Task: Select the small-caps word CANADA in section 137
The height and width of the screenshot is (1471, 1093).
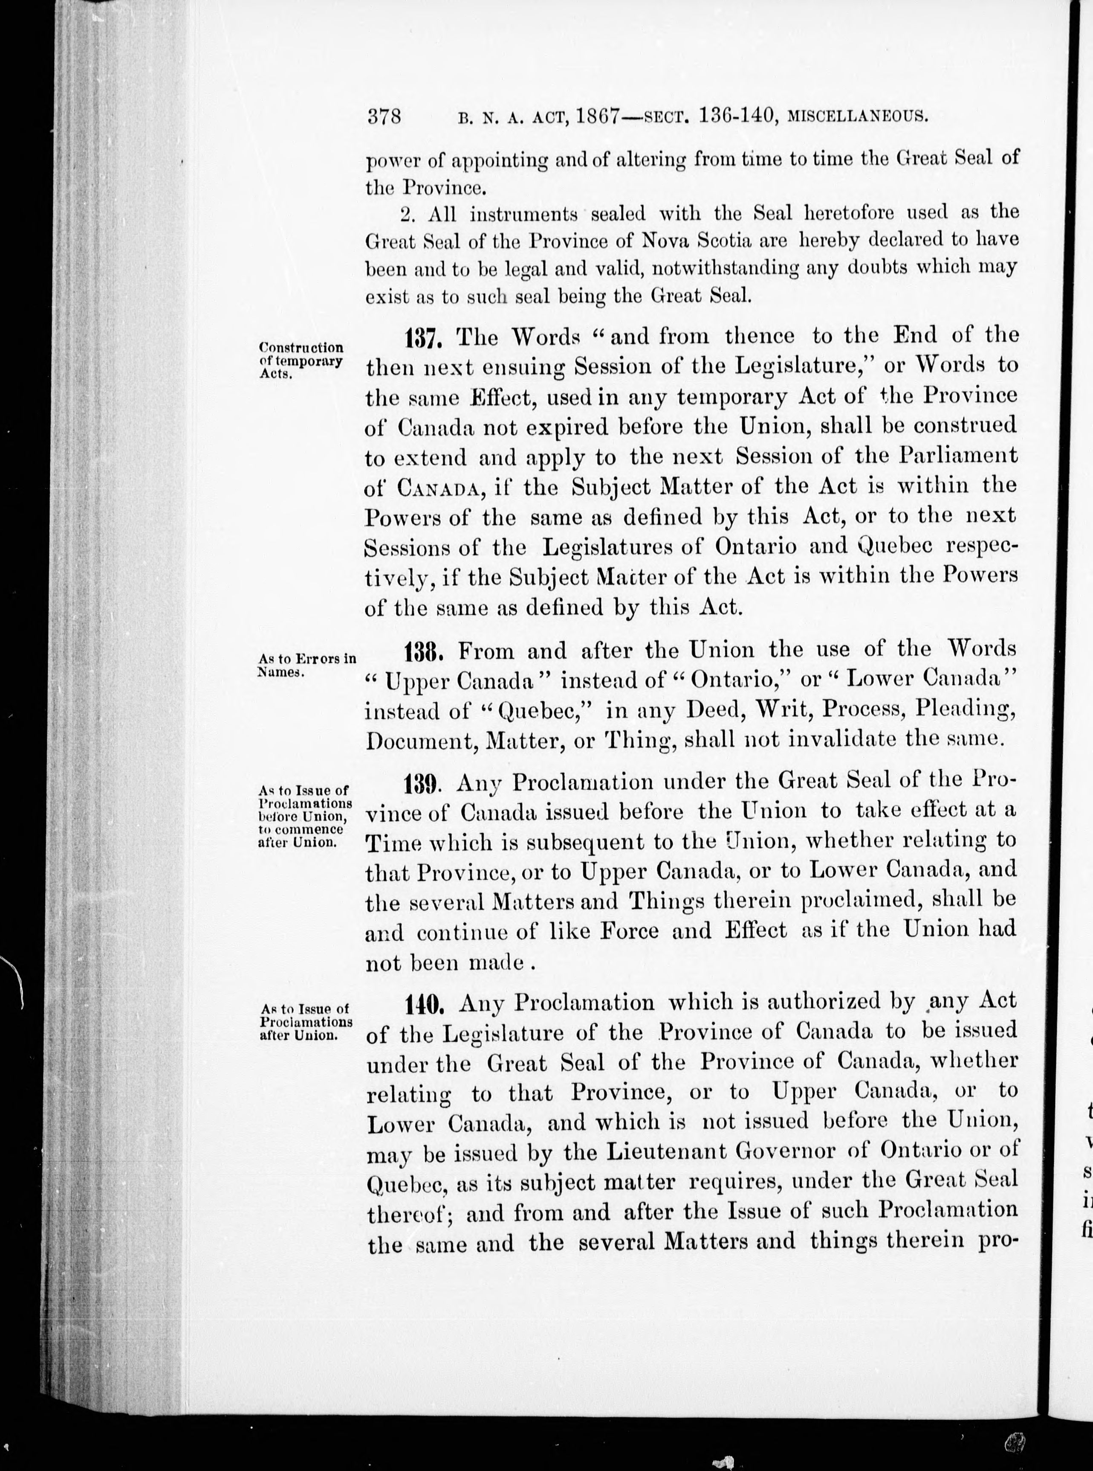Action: coord(438,488)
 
